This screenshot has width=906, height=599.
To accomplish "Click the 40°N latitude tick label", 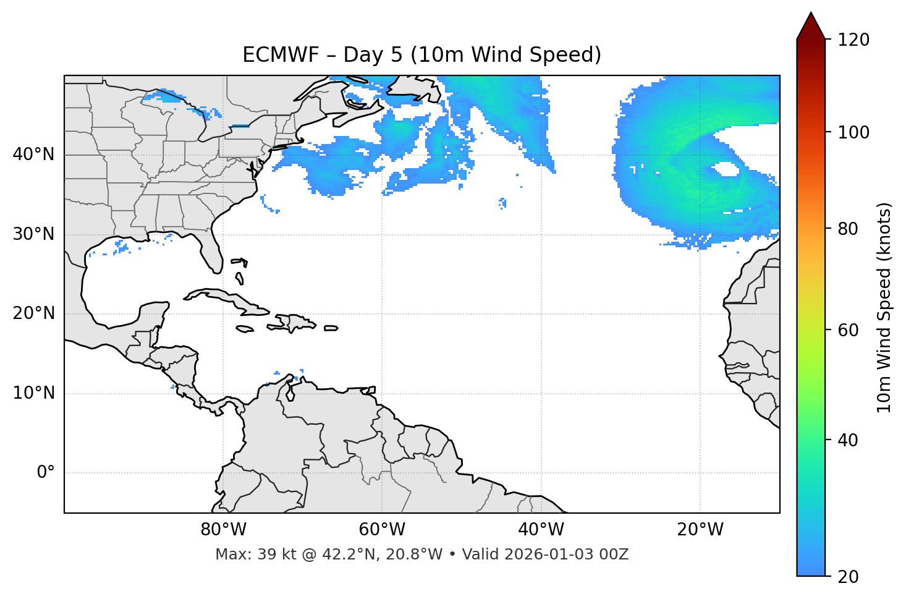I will (33, 155).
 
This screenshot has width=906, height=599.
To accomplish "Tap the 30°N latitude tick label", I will (33, 234).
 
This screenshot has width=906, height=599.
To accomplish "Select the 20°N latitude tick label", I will (33, 313).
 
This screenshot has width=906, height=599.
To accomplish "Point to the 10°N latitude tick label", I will (33, 393).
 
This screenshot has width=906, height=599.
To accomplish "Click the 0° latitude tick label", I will (46, 473).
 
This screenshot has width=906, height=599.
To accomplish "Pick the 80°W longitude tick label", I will (223, 530).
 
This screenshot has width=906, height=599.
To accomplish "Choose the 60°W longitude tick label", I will (382, 530).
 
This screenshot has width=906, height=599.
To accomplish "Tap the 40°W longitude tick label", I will (541, 530).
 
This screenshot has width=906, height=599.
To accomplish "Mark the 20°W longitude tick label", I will (700, 530).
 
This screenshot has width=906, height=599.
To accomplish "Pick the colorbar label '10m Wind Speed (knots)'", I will (884, 308).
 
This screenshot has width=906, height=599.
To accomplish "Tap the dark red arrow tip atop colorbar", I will (811, 25).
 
